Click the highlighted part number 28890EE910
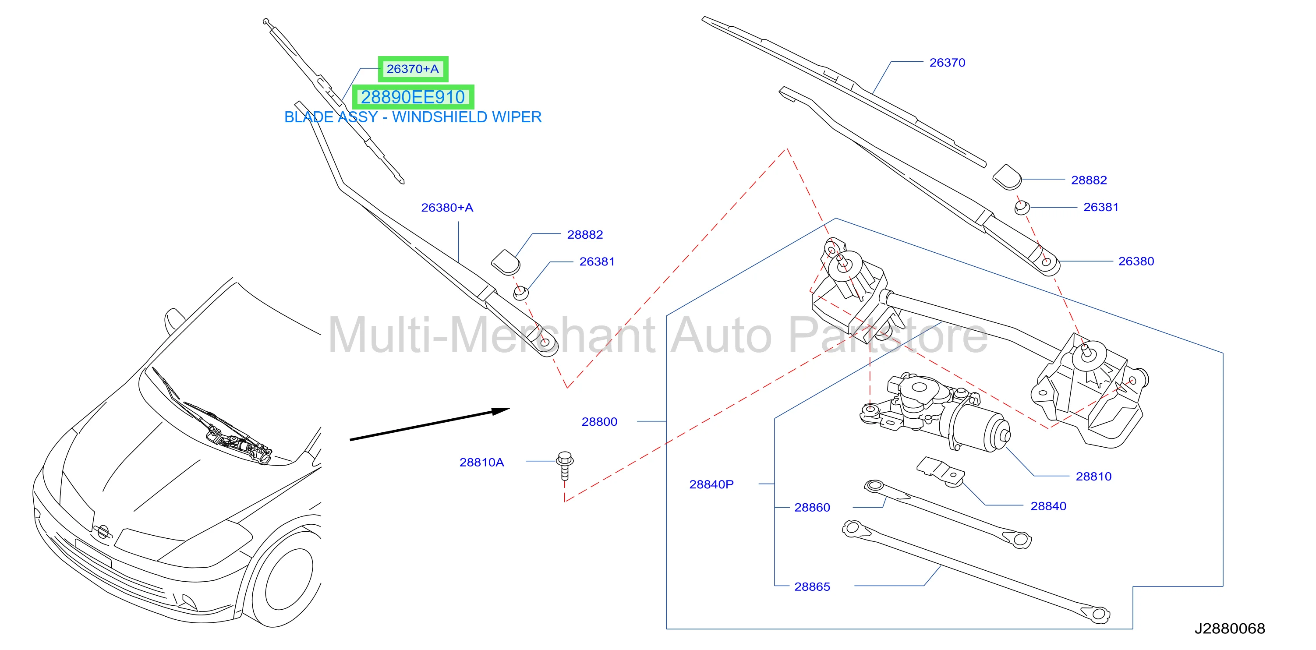[x=413, y=97]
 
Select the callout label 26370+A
[x=413, y=69]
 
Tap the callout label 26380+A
[x=447, y=207]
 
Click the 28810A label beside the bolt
[x=482, y=462]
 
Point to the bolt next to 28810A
[x=565, y=465]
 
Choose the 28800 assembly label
[x=599, y=422]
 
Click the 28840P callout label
[x=711, y=484]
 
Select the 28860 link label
[x=812, y=507]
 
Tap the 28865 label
[x=812, y=586]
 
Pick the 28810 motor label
[x=1093, y=477]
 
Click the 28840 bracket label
[x=1048, y=506]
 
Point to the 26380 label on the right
[x=1136, y=261]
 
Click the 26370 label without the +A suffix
[x=947, y=62]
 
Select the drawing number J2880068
[x=1230, y=628]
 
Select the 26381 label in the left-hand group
[x=597, y=261]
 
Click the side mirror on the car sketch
[x=173, y=320]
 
